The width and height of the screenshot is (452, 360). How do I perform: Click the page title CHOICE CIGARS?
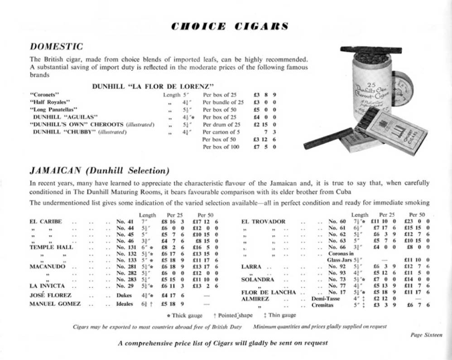pos(230,26)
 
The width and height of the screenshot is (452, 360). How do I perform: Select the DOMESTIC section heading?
pos(56,46)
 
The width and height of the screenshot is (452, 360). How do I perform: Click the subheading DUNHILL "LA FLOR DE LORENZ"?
pos(153,86)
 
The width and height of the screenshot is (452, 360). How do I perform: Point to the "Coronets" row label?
pos(43,95)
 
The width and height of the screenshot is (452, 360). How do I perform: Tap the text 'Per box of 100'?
pos(221,147)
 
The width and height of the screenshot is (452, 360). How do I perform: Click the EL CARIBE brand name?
pos(45,222)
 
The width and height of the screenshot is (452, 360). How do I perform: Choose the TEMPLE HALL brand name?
pos(51,248)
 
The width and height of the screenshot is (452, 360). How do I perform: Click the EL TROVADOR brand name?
pos(263,222)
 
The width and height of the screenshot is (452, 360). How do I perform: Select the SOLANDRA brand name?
pos(258,280)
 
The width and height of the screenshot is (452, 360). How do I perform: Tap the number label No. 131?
pos(126,248)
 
